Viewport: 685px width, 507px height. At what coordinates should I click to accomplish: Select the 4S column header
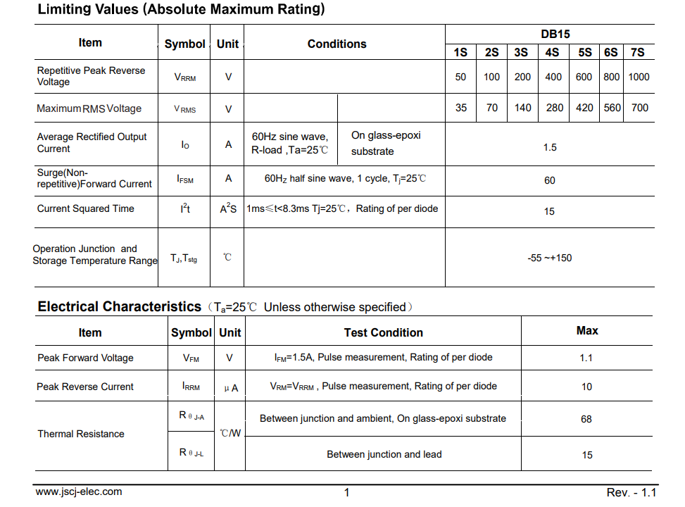coord(552,53)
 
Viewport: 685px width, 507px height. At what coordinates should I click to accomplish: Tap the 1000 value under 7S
coord(639,77)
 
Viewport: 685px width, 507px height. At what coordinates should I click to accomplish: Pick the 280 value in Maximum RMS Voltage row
coord(555,108)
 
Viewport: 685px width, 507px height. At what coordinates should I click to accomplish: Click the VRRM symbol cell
coord(185,77)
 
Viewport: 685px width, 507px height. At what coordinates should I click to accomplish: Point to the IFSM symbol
coord(185,179)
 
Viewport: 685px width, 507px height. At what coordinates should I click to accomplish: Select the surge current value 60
coord(550,180)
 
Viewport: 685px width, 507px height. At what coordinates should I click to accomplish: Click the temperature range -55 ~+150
coord(550,258)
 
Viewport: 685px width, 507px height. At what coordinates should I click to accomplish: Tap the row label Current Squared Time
coord(85,208)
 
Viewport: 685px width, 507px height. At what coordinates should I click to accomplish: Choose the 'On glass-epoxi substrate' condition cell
coord(386,143)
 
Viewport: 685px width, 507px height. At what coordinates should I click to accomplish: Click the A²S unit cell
coord(228,209)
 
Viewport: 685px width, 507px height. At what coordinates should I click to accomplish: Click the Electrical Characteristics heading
coord(120,306)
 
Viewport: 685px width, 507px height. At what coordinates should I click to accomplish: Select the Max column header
coord(587,330)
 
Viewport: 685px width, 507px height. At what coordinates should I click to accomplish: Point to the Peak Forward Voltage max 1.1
coord(586,358)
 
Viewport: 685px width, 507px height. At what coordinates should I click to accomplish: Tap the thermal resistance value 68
coord(586,419)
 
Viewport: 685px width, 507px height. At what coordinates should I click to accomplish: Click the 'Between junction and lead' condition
coord(384,454)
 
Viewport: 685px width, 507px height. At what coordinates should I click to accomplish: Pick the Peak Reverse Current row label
coord(85,387)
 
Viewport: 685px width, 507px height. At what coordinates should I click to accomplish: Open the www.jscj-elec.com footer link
coord(79,492)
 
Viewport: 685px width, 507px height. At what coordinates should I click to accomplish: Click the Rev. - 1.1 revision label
coord(631,492)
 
